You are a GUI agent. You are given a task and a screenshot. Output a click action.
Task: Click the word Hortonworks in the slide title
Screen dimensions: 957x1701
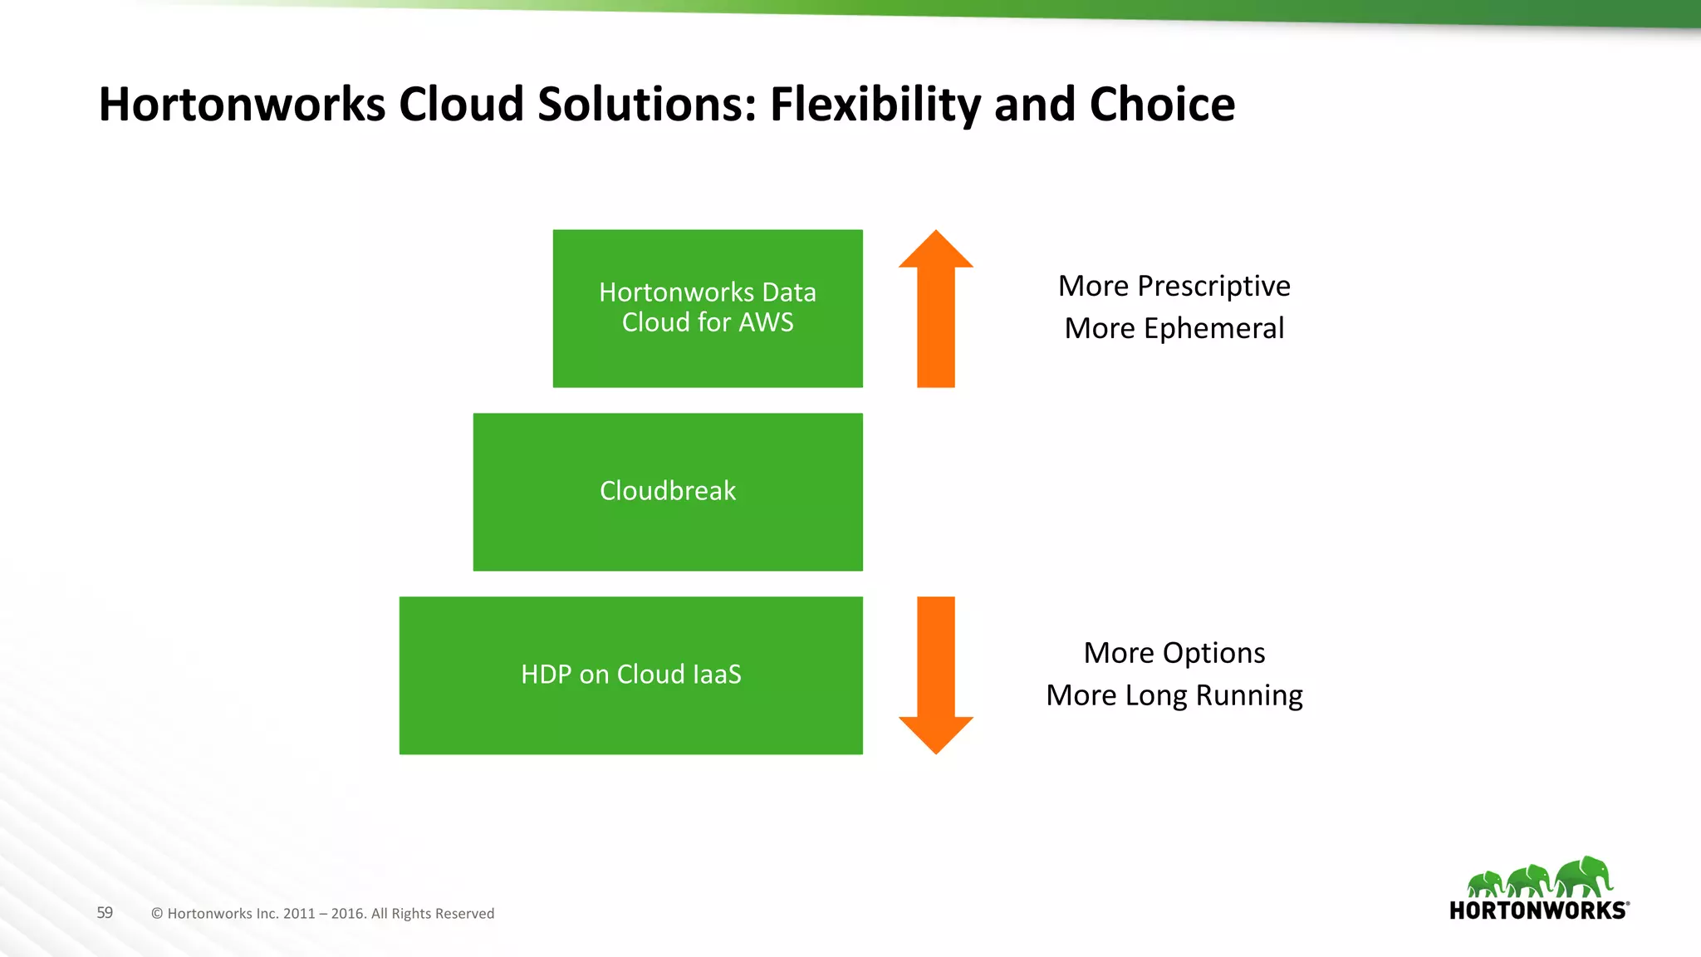242,105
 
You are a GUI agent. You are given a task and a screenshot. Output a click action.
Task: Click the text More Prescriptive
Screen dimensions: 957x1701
1174,286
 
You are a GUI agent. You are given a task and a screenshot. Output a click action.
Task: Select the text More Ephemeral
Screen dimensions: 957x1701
1174,328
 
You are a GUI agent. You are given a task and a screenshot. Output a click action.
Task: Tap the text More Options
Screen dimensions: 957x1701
1174,653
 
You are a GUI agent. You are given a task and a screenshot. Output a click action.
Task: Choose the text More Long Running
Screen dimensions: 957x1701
1174,695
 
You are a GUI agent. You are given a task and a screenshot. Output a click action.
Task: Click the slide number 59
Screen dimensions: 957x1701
105,912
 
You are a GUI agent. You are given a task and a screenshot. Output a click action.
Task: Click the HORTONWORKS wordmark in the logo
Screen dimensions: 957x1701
1537,910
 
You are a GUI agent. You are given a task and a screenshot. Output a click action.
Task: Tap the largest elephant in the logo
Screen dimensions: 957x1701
1583,877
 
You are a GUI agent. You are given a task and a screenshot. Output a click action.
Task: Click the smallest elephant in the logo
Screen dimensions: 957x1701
1485,884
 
